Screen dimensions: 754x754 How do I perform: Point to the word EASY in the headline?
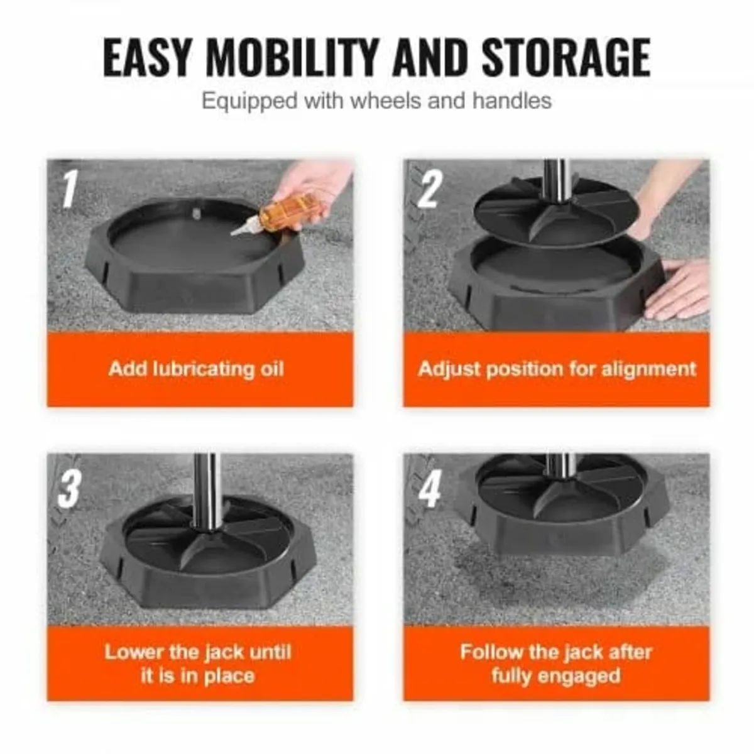[x=148, y=58]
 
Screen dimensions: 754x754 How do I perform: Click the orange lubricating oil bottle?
[x=288, y=210]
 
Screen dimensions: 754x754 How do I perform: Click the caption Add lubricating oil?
[x=196, y=368]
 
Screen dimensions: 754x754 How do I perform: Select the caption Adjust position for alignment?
[x=557, y=368]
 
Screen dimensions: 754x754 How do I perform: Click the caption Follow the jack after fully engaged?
[x=555, y=664]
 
